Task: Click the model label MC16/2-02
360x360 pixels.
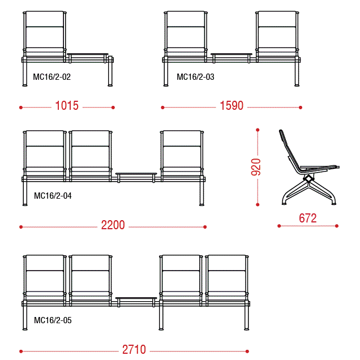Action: click(52, 76)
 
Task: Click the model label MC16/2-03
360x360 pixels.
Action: click(195, 76)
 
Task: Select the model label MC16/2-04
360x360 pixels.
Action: click(53, 196)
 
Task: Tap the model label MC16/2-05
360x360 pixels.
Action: click(53, 320)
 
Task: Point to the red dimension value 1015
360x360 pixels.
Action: click(67, 106)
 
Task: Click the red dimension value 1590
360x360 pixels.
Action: click(232, 106)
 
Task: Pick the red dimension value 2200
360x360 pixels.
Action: click(113, 225)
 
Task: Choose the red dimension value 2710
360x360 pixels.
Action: click(134, 349)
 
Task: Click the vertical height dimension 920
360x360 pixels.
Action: click(256, 167)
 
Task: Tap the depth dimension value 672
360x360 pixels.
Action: click(308, 218)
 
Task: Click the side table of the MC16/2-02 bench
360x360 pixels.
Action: click(88, 54)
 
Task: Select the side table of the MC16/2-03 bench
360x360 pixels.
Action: click(232, 54)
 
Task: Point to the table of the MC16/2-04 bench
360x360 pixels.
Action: click(136, 174)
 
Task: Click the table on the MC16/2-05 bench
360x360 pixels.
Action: click(136, 298)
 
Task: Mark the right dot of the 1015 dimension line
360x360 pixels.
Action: click(113, 108)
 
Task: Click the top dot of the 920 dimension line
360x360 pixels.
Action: click(258, 130)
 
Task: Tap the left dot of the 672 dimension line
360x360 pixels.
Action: click(279, 226)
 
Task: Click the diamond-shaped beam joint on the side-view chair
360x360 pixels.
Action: click(308, 178)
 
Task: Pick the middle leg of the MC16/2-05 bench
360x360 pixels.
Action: click(161, 318)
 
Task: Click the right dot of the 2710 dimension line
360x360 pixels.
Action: click(247, 352)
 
